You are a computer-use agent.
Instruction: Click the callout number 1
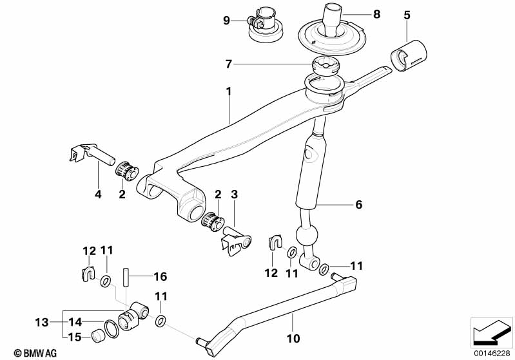[x=228, y=92]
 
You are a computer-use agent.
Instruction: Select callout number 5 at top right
[x=407, y=14]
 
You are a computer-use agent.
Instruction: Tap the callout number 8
[x=376, y=13]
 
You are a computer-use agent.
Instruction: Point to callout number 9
[x=226, y=21]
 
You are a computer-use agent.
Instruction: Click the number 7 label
[x=228, y=64]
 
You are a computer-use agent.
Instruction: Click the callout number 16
[x=160, y=277]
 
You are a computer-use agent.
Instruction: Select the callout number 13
[x=41, y=321]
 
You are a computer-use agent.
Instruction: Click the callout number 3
[x=235, y=194]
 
